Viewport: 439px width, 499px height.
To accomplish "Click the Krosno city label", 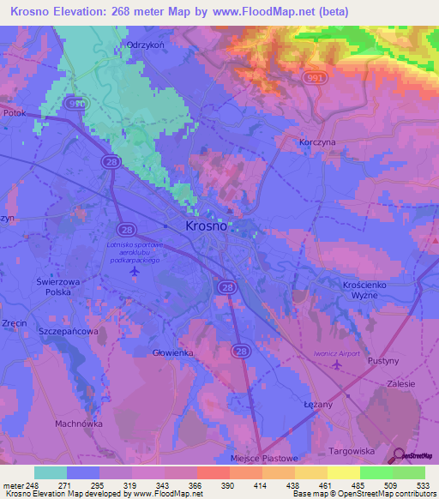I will [207, 226].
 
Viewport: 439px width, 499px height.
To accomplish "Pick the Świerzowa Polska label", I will [58, 286].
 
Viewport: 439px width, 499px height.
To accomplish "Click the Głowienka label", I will [172, 353].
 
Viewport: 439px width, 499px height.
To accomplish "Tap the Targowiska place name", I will [353, 449].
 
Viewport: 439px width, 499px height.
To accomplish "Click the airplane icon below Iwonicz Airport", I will [336, 365].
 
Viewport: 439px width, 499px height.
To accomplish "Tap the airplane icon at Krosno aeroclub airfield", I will [135, 271].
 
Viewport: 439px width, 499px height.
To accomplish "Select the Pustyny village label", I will [382, 361].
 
